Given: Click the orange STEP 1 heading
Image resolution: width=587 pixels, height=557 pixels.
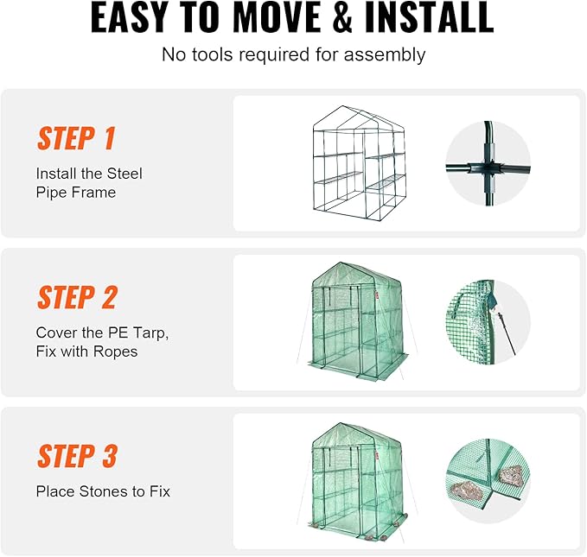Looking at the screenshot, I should click(x=76, y=138).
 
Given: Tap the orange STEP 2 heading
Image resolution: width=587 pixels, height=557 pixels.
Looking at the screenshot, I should click(x=77, y=297).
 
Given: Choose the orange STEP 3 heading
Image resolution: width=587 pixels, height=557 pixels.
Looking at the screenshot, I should click(x=77, y=456).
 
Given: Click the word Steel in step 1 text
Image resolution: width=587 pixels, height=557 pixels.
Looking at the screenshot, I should click(x=124, y=174).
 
